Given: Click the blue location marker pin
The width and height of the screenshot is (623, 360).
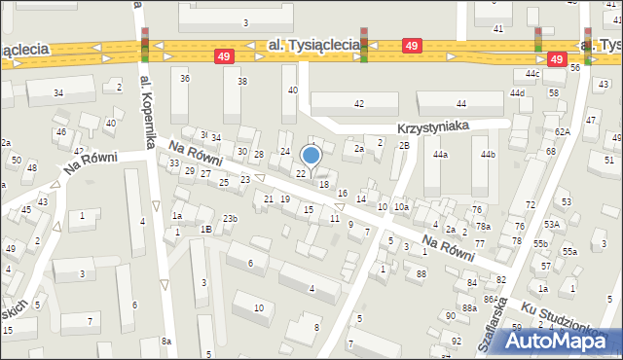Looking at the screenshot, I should click(x=311, y=155).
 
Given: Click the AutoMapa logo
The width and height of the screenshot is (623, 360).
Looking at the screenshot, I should click(x=562, y=340).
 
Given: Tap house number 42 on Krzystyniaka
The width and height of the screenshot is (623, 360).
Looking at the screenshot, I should click(x=358, y=103).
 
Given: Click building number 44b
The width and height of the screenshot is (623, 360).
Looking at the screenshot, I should click(x=488, y=155).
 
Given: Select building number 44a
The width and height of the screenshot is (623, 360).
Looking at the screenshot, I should click(x=440, y=155).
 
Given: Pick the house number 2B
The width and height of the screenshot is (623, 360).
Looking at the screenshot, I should click(x=404, y=145).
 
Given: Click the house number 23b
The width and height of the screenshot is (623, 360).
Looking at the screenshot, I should click(x=230, y=219).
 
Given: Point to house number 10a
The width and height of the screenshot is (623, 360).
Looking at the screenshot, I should click(x=401, y=207).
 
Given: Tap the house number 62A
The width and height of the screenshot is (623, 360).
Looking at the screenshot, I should click(x=563, y=131).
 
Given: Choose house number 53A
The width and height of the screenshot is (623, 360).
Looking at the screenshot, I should click(x=552, y=224).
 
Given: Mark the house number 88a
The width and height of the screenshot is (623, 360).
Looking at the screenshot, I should click(x=469, y=307).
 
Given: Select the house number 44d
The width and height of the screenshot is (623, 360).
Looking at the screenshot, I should click(x=517, y=93).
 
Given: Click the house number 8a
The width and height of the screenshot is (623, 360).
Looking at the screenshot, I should click(x=166, y=341).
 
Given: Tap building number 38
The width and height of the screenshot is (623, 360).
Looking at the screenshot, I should click(x=242, y=81).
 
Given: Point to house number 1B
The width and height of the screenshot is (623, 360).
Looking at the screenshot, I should click(x=205, y=229).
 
